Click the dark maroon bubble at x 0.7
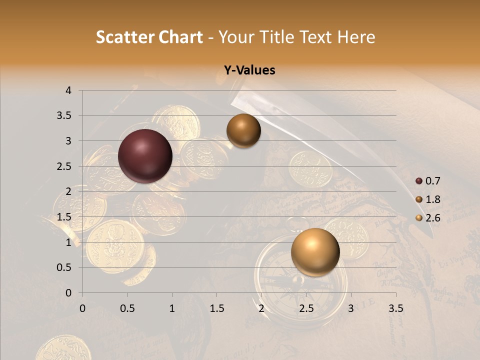pos(145,156)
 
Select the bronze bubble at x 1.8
pos(243,131)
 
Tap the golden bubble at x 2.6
pos(315,252)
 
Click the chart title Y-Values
pos(249,70)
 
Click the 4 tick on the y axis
pos(68,90)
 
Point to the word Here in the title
pos(356,37)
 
